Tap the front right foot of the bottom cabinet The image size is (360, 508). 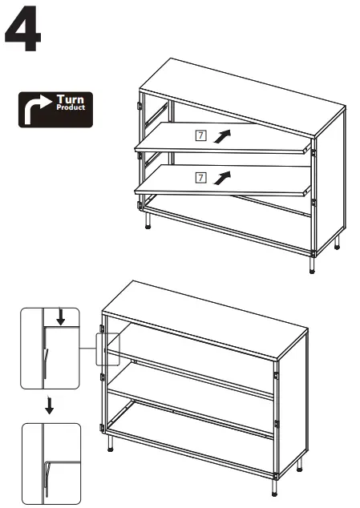(273, 492)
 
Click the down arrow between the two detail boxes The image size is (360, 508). (50, 405)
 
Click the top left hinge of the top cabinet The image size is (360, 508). (140, 107)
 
